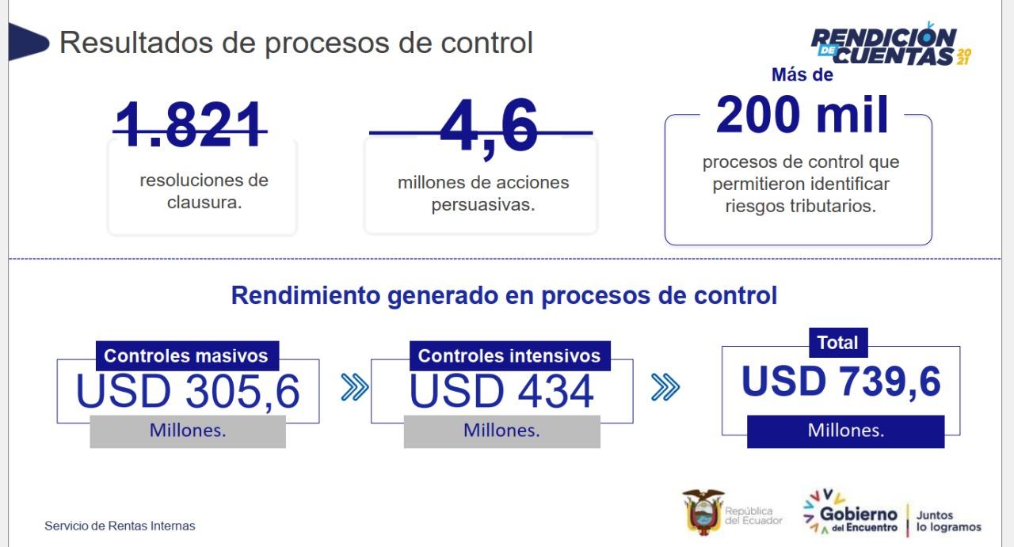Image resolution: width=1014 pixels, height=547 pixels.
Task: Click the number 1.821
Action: (x=190, y=124)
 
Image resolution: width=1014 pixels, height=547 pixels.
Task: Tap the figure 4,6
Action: (x=489, y=127)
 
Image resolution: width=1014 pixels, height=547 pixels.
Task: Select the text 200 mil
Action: (x=802, y=115)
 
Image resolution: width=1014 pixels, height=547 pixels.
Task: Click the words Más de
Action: (x=802, y=74)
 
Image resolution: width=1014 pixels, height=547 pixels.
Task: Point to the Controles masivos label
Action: (x=187, y=356)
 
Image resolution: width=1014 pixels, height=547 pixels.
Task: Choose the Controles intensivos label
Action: (x=509, y=356)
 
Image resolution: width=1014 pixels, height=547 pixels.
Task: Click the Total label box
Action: (x=838, y=343)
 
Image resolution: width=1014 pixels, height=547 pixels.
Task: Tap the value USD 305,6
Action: (x=188, y=391)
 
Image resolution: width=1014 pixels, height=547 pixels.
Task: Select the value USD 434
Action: (x=501, y=391)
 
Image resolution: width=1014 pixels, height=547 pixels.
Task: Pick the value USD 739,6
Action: (x=841, y=382)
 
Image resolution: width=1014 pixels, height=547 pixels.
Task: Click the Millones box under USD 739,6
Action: (x=845, y=431)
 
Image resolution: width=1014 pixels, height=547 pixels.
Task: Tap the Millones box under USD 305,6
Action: (x=188, y=431)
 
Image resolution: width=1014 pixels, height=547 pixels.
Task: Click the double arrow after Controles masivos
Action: (x=354, y=387)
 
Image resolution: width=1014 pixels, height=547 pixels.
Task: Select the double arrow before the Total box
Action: (x=665, y=387)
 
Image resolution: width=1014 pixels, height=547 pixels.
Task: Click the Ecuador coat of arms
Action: (x=703, y=511)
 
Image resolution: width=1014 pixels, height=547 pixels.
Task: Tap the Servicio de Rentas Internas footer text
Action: (x=120, y=526)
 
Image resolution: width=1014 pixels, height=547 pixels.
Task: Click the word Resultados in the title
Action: (x=136, y=43)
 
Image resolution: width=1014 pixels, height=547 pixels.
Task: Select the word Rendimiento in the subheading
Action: (x=306, y=295)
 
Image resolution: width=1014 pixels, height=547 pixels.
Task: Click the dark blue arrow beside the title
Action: (x=28, y=42)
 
